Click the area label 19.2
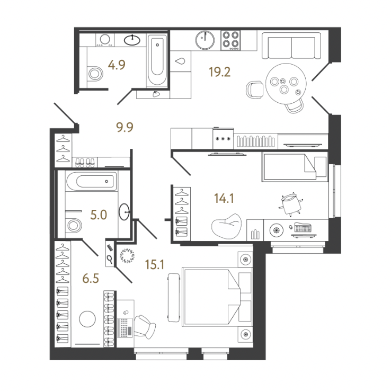pos(219,72)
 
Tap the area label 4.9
pos(117,65)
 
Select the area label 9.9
pos(125,127)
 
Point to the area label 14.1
pos(224,199)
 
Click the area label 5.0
pos(99,215)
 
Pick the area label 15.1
pos(155,264)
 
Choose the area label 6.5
pos(91,278)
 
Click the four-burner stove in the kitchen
pos(230,40)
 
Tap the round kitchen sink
pos(205,40)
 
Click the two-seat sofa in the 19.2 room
pos(291,46)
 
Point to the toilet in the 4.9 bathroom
pos(95,74)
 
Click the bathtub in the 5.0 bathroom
pos(92,181)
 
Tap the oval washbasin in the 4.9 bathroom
pos(132,40)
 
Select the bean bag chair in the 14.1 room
pos(227,227)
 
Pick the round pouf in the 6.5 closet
pos(87,319)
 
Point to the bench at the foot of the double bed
pos(173,297)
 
